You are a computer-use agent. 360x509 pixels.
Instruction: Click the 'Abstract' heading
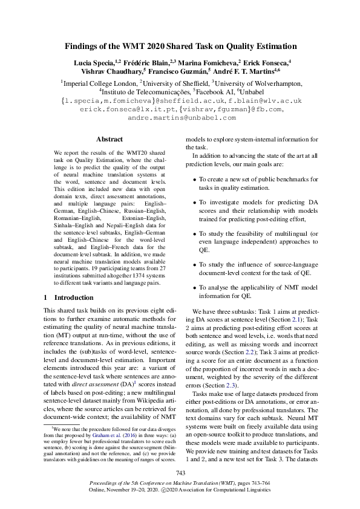tap(109, 140)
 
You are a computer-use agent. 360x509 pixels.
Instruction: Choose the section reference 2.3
tap(228, 386)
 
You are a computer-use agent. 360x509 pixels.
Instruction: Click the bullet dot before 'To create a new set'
tap(194, 180)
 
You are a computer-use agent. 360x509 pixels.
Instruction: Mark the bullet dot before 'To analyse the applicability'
tap(194, 288)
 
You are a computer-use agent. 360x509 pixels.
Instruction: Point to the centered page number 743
tap(180, 473)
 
